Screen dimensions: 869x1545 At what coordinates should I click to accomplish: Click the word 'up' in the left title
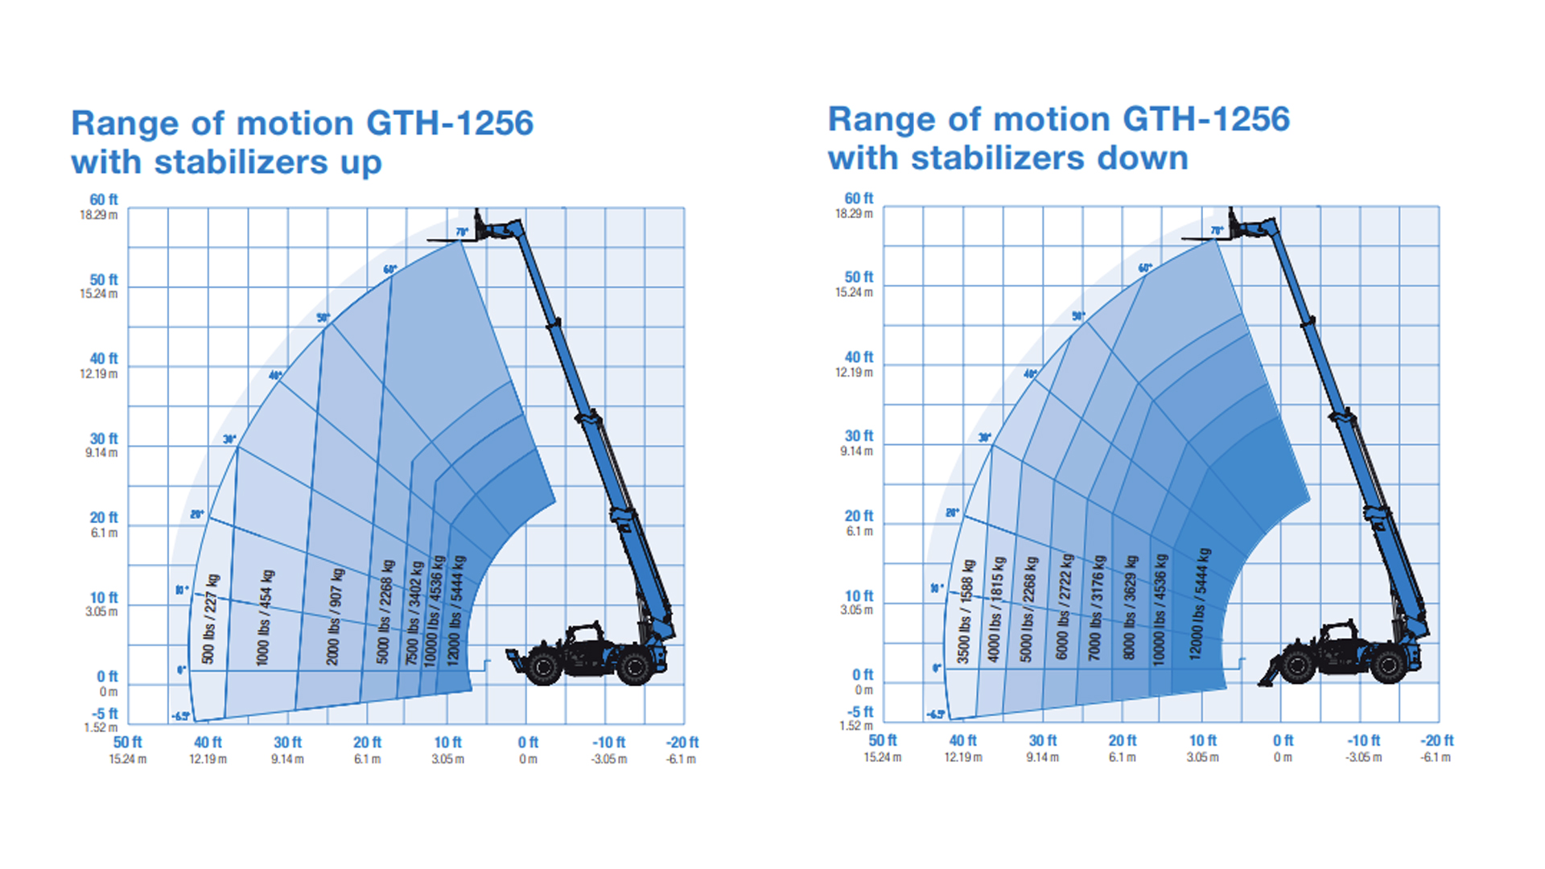point(360,163)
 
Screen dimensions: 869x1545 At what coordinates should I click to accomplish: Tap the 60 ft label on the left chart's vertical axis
point(103,200)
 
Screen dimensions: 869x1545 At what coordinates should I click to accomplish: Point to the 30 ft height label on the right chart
point(858,436)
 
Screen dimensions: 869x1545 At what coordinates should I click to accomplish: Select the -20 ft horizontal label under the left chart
point(682,743)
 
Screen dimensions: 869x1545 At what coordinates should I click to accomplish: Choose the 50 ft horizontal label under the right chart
point(882,741)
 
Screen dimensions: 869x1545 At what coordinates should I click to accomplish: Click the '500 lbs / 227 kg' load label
point(210,619)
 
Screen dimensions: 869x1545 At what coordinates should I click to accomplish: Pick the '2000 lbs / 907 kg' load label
point(335,616)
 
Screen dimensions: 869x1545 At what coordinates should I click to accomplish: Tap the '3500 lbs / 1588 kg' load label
point(966,612)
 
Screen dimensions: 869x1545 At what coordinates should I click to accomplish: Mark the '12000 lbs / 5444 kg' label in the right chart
point(1200,603)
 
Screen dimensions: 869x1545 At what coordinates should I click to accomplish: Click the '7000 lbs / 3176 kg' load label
point(1097,607)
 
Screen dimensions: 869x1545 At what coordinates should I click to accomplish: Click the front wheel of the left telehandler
point(544,667)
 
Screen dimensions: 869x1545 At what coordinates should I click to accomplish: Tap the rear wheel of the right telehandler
point(1388,665)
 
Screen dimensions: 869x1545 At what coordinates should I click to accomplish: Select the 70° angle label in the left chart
point(462,233)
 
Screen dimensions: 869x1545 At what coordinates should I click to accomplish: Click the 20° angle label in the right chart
point(952,513)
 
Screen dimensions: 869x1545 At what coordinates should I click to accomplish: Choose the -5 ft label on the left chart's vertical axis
point(105,714)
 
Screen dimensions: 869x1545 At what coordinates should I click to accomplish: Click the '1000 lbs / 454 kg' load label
point(265,618)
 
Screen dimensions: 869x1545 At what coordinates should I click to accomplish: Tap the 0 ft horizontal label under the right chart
point(1283,741)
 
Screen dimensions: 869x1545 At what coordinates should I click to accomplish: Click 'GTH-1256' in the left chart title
point(449,124)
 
